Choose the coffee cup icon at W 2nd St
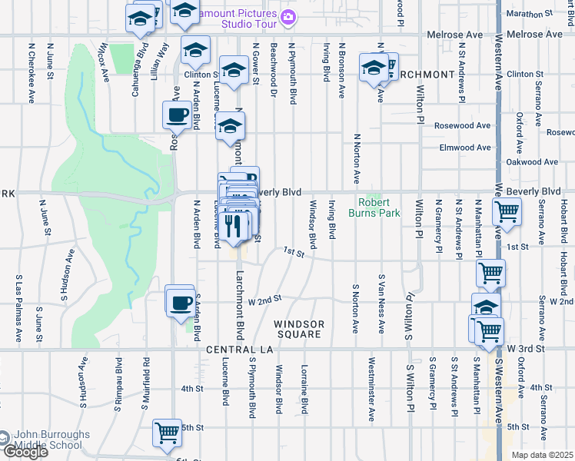[x=180, y=302]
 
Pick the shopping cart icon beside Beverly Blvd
[x=507, y=210]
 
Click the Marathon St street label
[x=549, y=14]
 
